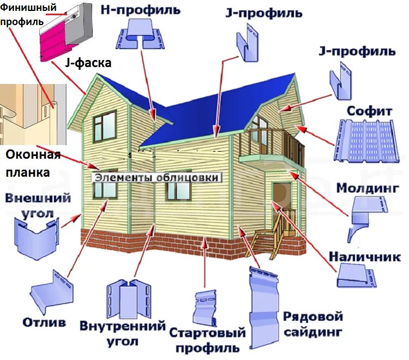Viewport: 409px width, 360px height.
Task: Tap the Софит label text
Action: point(370,110)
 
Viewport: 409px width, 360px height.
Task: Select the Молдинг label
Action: point(368,188)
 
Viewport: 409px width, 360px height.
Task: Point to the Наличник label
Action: point(364,256)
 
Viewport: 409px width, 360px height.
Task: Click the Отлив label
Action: point(44,322)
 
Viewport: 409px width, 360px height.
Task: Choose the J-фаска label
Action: point(88,63)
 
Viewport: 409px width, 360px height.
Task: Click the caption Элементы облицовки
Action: point(157,177)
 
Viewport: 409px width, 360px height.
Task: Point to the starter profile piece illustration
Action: point(206,308)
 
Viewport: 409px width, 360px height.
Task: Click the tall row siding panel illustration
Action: point(262,308)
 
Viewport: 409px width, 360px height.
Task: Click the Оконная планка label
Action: point(32,164)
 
